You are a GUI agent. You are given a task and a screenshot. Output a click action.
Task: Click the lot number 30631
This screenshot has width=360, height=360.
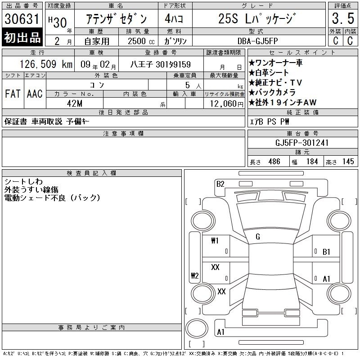[22, 19]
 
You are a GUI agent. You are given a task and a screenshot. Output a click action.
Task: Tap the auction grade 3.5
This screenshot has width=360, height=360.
[343, 18]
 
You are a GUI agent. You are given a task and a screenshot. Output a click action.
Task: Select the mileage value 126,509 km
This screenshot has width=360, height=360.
[46, 64]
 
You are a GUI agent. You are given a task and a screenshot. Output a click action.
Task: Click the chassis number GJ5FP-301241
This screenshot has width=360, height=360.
[301, 143]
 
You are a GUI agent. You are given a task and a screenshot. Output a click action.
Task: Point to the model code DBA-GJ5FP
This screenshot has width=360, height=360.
[257, 41]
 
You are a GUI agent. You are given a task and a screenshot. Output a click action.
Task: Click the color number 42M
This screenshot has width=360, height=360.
[75, 103]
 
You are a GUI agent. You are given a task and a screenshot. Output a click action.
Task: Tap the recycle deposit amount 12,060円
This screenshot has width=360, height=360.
[226, 104]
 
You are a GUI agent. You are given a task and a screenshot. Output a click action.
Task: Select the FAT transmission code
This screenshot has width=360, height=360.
[13, 94]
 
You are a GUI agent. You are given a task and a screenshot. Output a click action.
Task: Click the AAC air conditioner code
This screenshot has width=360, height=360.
[35, 94]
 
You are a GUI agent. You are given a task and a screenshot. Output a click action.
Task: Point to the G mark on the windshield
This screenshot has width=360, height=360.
[258, 237]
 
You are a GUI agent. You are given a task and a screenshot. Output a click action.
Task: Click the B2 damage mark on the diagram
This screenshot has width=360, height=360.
[220, 184]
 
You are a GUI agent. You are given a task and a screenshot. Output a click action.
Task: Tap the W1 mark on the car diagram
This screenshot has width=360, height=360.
[215, 241]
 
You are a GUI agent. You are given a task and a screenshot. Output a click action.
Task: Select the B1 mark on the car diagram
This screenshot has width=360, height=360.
[326, 252]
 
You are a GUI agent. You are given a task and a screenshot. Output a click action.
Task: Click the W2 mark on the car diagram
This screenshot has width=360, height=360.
[195, 275]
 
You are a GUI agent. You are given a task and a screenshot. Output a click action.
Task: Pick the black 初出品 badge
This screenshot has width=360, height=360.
[22, 37]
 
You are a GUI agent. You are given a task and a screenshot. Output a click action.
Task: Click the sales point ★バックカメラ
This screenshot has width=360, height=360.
[272, 92]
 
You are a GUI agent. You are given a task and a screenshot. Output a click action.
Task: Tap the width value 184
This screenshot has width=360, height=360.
[312, 162]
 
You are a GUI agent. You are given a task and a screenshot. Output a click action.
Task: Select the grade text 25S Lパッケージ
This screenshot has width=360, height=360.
[257, 18]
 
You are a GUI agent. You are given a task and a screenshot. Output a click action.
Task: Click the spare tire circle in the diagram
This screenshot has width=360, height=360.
[197, 328]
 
